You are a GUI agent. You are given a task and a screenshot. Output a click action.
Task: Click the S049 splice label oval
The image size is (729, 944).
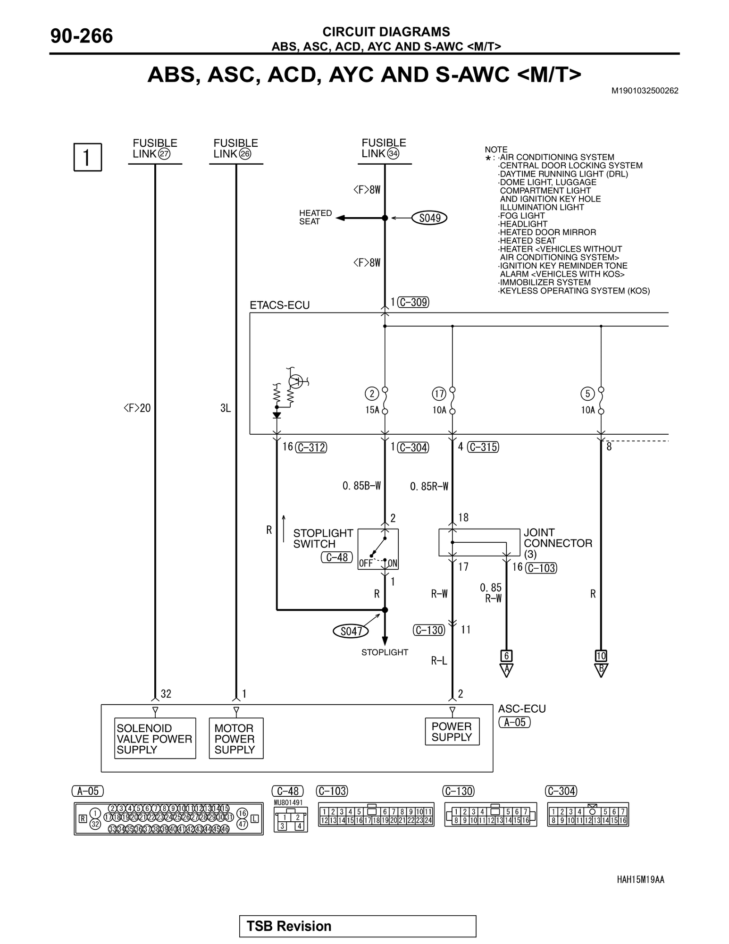coord(429,218)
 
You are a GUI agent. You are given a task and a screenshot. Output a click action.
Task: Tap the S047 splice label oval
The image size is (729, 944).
coord(351,631)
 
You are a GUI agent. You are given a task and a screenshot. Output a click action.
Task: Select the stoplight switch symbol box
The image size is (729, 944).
coord(378,549)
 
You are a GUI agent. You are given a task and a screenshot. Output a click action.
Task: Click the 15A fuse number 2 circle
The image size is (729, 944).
coord(372,394)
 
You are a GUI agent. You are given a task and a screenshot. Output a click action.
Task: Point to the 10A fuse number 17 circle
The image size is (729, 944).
coord(439,394)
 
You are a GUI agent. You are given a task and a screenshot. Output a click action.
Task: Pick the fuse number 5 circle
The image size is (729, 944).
coord(587,394)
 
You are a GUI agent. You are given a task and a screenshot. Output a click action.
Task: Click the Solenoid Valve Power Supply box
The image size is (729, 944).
coord(155,739)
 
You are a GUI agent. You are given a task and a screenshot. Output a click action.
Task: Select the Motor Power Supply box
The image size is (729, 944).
coord(236,739)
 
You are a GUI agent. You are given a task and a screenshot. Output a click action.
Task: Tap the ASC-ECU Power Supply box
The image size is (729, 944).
coord(452,732)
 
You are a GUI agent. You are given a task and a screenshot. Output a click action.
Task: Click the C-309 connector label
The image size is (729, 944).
coord(413,302)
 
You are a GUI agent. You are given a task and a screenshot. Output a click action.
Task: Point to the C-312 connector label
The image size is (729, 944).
coord(311,447)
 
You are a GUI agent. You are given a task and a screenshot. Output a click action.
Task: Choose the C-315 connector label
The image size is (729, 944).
coord(483,447)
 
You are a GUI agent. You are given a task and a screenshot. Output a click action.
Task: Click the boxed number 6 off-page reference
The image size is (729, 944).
coord(506,656)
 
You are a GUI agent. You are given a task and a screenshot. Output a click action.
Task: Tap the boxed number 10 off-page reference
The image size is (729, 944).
coord(601,656)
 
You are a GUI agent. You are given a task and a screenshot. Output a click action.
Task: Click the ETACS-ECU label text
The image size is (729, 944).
coord(280,305)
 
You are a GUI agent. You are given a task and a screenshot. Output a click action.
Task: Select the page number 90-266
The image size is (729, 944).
coord(82,36)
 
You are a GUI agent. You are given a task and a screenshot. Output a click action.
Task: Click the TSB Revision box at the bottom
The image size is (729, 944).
coord(358,926)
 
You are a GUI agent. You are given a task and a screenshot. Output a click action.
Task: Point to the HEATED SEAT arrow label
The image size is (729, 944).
coord(315,217)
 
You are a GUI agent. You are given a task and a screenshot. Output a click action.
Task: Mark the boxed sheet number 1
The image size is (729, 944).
coord(88,157)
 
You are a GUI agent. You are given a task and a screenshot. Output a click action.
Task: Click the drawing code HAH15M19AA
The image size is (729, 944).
coord(640,879)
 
